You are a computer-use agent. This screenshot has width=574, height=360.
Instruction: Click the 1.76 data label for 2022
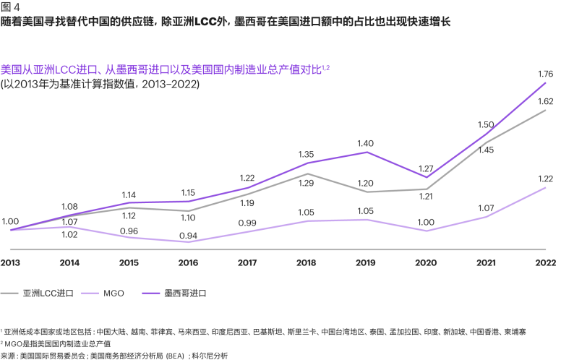[545, 74]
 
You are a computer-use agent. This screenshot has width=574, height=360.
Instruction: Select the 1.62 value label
[545, 101]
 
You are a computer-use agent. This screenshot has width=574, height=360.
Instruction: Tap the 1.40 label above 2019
[365, 144]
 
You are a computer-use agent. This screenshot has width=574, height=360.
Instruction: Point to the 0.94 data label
[188, 236]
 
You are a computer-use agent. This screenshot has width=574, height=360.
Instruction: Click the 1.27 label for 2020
[426, 169]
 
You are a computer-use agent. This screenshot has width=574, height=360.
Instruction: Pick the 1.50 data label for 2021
[486, 125]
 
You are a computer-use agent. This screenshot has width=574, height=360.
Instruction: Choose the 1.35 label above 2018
[306, 155]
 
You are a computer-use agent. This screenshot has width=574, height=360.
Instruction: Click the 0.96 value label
[129, 231]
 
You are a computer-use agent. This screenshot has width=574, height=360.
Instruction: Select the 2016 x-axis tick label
[188, 263]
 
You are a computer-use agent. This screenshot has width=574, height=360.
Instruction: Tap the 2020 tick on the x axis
[426, 263]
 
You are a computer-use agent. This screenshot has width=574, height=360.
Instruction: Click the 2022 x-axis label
[546, 263]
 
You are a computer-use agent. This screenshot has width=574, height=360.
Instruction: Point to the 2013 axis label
[10, 263]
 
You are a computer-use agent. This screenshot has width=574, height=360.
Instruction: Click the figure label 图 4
[10, 7]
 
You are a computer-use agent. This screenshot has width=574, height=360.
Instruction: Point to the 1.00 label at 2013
[10, 222]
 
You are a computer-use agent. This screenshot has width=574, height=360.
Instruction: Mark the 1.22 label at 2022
[546, 179]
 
